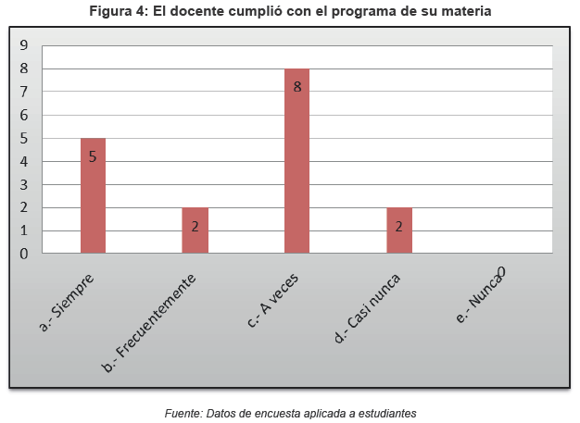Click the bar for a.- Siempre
click(93, 196)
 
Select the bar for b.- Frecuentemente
click(195, 230)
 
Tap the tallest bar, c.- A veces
click(296, 161)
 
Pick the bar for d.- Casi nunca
click(398, 230)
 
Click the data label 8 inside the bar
click(297, 87)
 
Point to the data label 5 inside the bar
click(93, 156)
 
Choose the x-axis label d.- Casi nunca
click(368, 307)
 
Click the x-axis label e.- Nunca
click(480, 293)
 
